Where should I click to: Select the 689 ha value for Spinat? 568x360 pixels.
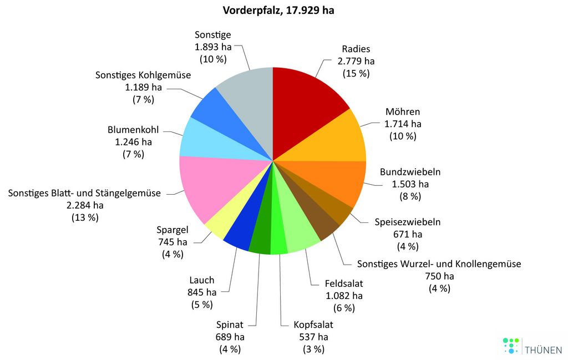(x=230, y=337)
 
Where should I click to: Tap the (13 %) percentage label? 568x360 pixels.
(x=85, y=217)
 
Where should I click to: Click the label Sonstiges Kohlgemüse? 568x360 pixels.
(x=143, y=75)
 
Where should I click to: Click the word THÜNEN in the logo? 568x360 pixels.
(x=543, y=350)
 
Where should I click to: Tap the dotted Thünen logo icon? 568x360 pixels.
(x=510, y=346)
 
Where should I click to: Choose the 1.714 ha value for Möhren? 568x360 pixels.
(x=403, y=124)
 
